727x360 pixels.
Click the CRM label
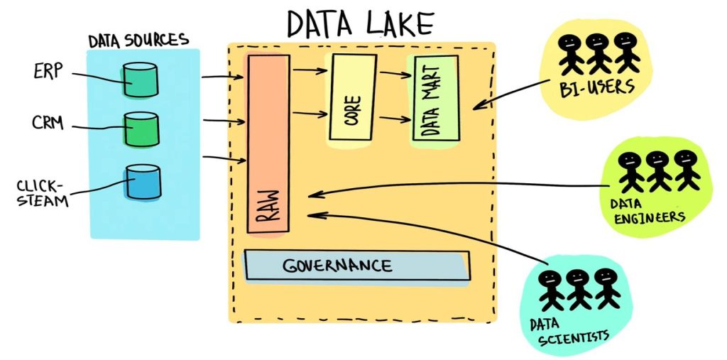pos(48,124)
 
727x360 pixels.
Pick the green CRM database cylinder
pos(141,129)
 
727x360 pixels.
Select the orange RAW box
pos(268,142)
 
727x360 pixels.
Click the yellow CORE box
pos(351,97)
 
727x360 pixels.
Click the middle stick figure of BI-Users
pos(597,53)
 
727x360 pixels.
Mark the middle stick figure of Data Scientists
pos(577,288)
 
